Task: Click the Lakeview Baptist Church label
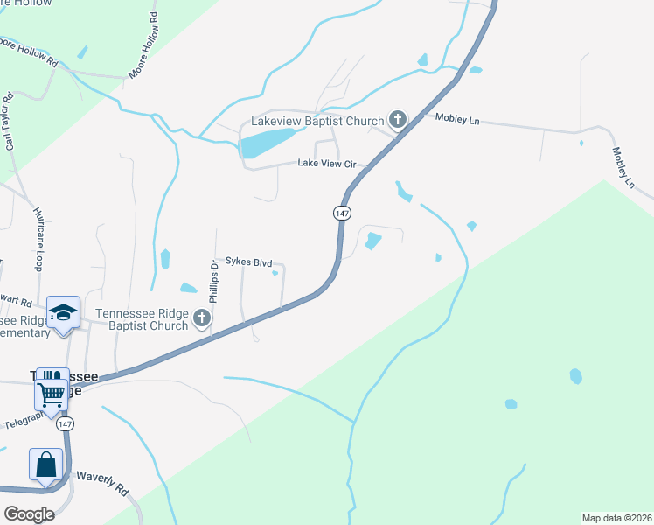point(317,121)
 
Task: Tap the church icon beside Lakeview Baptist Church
point(398,120)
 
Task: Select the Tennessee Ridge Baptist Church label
point(142,319)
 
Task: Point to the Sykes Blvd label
point(249,262)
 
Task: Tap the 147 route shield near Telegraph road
point(65,423)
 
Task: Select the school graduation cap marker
point(64,314)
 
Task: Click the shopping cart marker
point(52,392)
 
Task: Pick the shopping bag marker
point(45,463)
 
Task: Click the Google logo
point(29,514)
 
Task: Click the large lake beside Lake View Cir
point(268,143)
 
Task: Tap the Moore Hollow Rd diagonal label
point(144,46)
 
